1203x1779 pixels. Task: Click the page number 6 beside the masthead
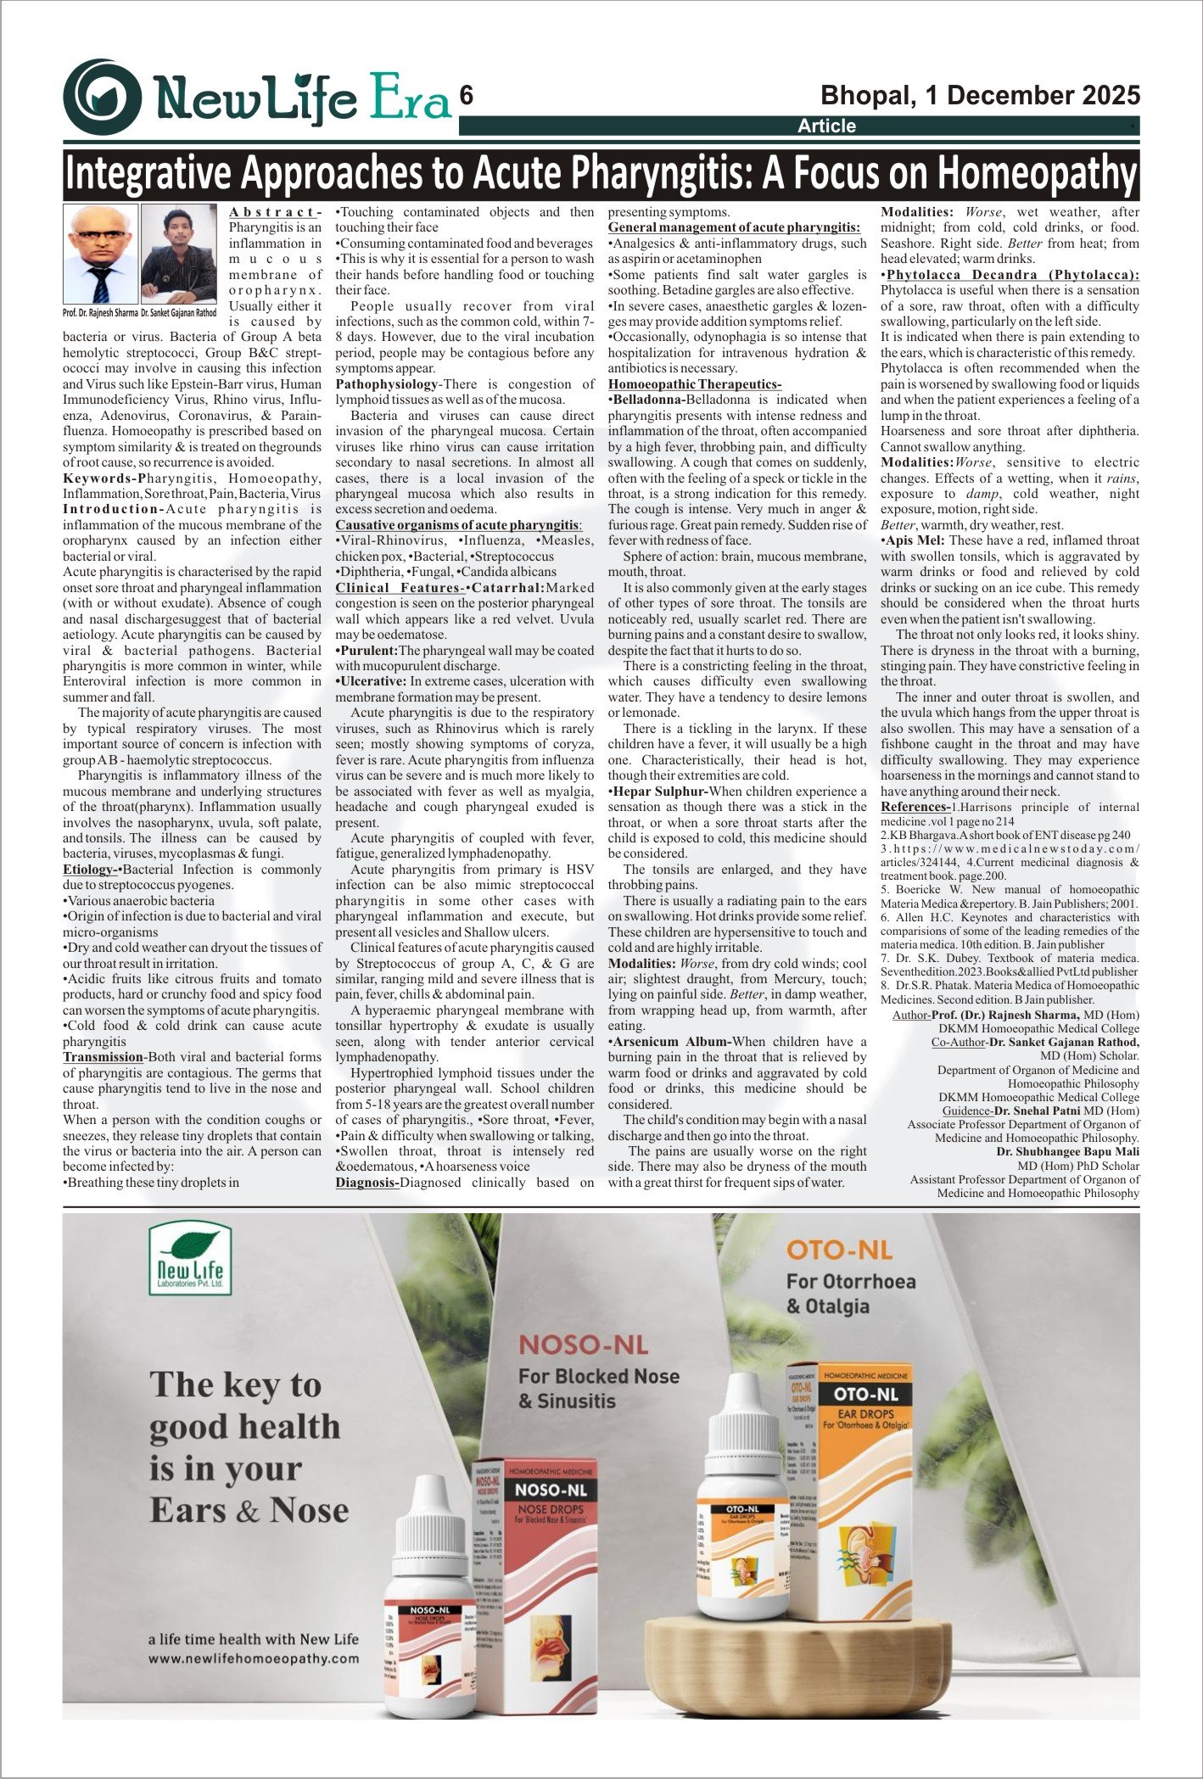coord(466,97)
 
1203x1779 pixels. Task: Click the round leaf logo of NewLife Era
coord(103,98)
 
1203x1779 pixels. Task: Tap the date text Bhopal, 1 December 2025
coord(980,95)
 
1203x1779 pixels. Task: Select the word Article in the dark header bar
coord(826,126)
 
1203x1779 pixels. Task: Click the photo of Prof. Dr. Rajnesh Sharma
coord(100,254)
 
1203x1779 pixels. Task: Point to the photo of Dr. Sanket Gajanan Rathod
coord(179,254)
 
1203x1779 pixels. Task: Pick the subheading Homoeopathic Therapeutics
coord(694,384)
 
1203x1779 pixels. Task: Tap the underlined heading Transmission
coord(103,1057)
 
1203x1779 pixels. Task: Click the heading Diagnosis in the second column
coord(366,1183)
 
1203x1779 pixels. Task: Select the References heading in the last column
coord(915,807)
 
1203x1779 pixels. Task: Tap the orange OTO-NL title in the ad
coord(839,1249)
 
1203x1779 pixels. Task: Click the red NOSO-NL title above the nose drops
coord(583,1344)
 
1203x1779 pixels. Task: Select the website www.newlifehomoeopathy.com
coord(253,1659)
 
